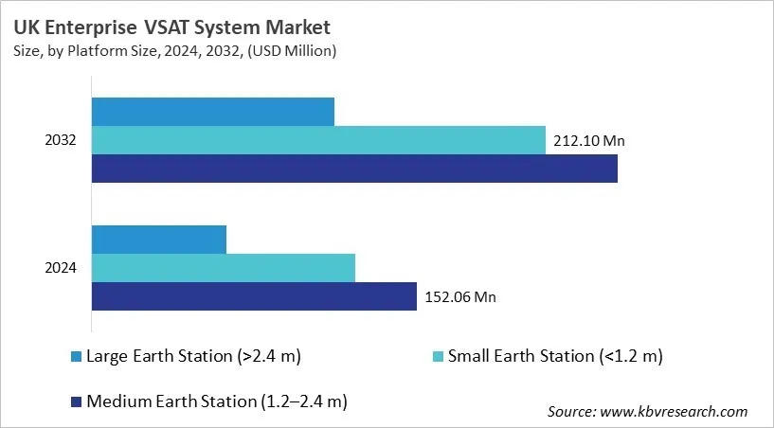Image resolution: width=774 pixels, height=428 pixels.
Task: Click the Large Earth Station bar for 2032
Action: coord(212,111)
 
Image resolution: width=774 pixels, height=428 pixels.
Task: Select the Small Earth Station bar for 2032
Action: coord(318,140)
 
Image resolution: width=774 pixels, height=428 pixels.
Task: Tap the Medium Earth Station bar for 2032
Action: coord(354,169)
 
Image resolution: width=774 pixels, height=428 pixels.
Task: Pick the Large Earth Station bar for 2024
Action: coord(158,240)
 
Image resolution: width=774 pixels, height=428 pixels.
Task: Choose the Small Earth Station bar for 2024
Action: coord(223,268)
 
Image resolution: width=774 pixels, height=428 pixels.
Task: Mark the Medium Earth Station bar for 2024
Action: coord(254,296)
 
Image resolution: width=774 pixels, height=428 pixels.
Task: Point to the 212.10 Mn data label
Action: coord(587,141)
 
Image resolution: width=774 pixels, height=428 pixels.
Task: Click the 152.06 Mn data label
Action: coord(459,297)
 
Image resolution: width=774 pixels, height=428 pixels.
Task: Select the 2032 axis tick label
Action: coord(61,140)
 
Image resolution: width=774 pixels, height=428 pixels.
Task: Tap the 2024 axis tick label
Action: coord(61,268)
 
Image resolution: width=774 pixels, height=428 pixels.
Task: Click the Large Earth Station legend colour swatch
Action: coord(77,357)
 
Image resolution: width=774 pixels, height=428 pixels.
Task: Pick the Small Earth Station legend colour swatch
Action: coord(438,357)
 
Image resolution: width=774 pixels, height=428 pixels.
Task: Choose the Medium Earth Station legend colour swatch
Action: coord(77,402)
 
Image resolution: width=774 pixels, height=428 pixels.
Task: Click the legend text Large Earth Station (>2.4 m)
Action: coord(193,357)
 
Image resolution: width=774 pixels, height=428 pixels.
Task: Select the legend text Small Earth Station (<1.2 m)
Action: coord(554,357)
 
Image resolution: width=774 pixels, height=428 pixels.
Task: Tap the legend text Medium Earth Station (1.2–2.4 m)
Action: coord(216,402)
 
